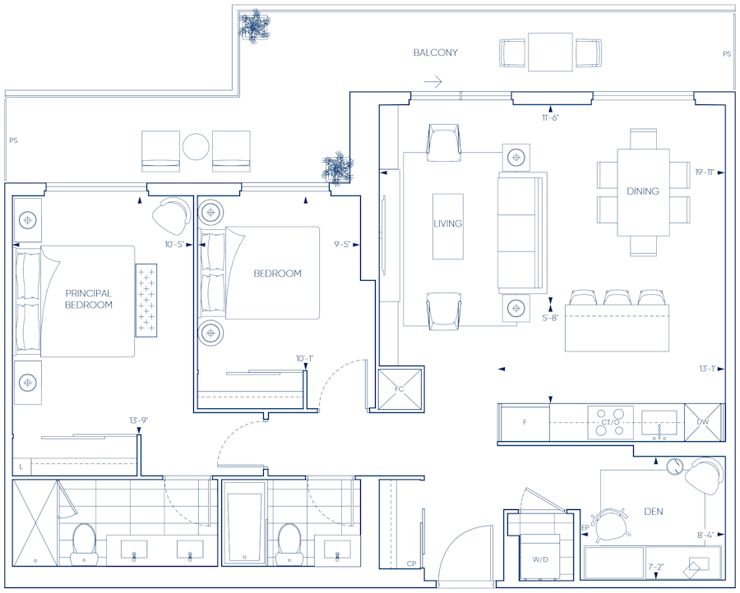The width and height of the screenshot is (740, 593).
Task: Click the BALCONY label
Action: (x=435, y=53)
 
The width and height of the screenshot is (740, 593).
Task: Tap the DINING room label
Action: (x=643, y=191)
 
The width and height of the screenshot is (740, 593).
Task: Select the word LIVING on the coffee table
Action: (x=448, y=223)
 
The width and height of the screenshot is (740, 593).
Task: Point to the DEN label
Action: (x=653, y=512)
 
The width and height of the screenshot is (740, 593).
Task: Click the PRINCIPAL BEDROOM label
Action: (x=89, y=299)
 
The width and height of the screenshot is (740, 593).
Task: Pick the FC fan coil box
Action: (x=400, y=388)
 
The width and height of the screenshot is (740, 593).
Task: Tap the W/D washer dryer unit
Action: (x=540, y=558)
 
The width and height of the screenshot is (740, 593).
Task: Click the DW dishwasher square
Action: (x=703, y=422)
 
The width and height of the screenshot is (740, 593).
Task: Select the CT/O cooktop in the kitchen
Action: (x=610, y=422)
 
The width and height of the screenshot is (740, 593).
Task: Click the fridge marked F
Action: (x=525, y=422)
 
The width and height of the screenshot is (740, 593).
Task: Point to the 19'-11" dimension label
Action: (x=705, y=172)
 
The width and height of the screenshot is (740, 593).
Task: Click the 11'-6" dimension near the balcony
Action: (x=550, y=117)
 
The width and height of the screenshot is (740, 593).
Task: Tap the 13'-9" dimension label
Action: (x=139, y=420)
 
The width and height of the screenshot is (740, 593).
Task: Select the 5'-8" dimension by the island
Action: (x=550, y=318)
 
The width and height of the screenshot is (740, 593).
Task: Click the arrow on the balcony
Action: (x=432, y=82)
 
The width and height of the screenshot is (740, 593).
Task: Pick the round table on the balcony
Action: (x=196, y=147)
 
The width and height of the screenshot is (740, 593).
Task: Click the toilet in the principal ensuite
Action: (x=84, y=545)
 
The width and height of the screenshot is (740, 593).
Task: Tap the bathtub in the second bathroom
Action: (x=244, y=528)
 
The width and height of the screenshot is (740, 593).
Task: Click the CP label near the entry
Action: (x=412, y=563)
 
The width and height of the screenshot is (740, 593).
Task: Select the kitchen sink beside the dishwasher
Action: (x=659, y=422)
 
